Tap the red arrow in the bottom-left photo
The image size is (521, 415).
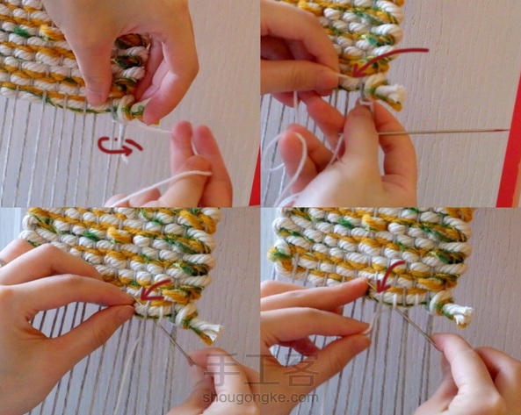pos(155,291)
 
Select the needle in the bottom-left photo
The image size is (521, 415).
pos(175,344)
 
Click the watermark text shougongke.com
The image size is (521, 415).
pos(260,397)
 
